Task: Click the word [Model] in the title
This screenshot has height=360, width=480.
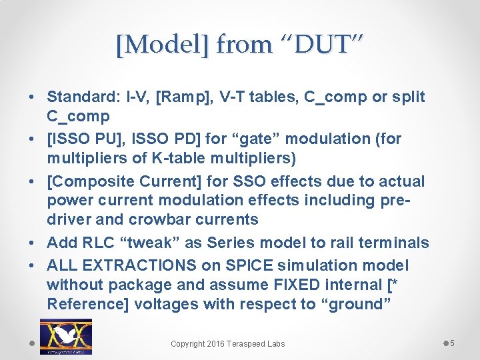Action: coord(163,45)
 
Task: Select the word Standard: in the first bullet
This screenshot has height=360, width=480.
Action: coord(83,97)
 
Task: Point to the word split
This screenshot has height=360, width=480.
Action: coord(408,97)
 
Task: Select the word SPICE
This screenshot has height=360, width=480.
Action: coord(246,265)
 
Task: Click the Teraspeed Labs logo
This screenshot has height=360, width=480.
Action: coord(66,337)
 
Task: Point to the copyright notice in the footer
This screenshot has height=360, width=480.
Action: coord(227,344)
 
